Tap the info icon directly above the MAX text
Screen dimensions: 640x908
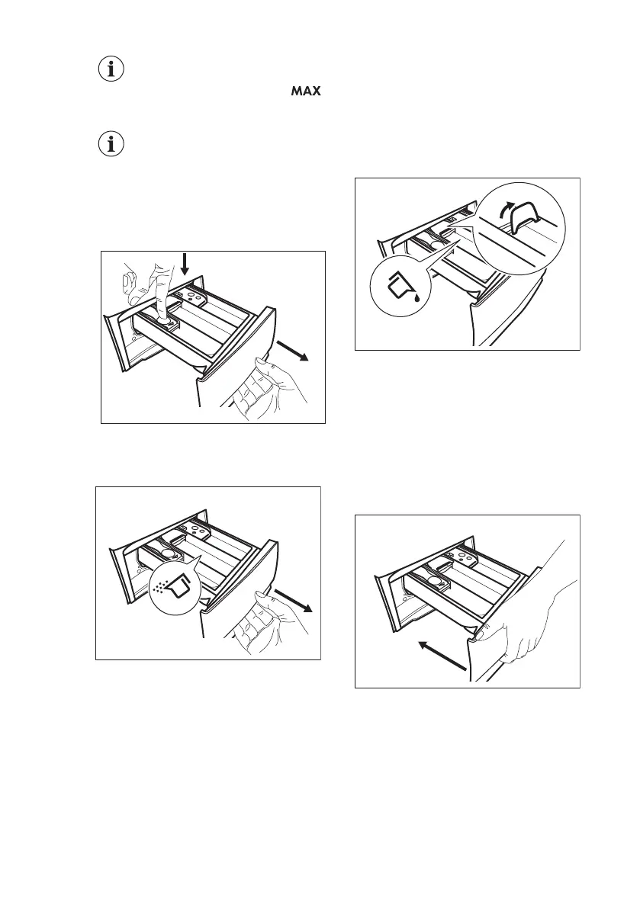tap(112, 69)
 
